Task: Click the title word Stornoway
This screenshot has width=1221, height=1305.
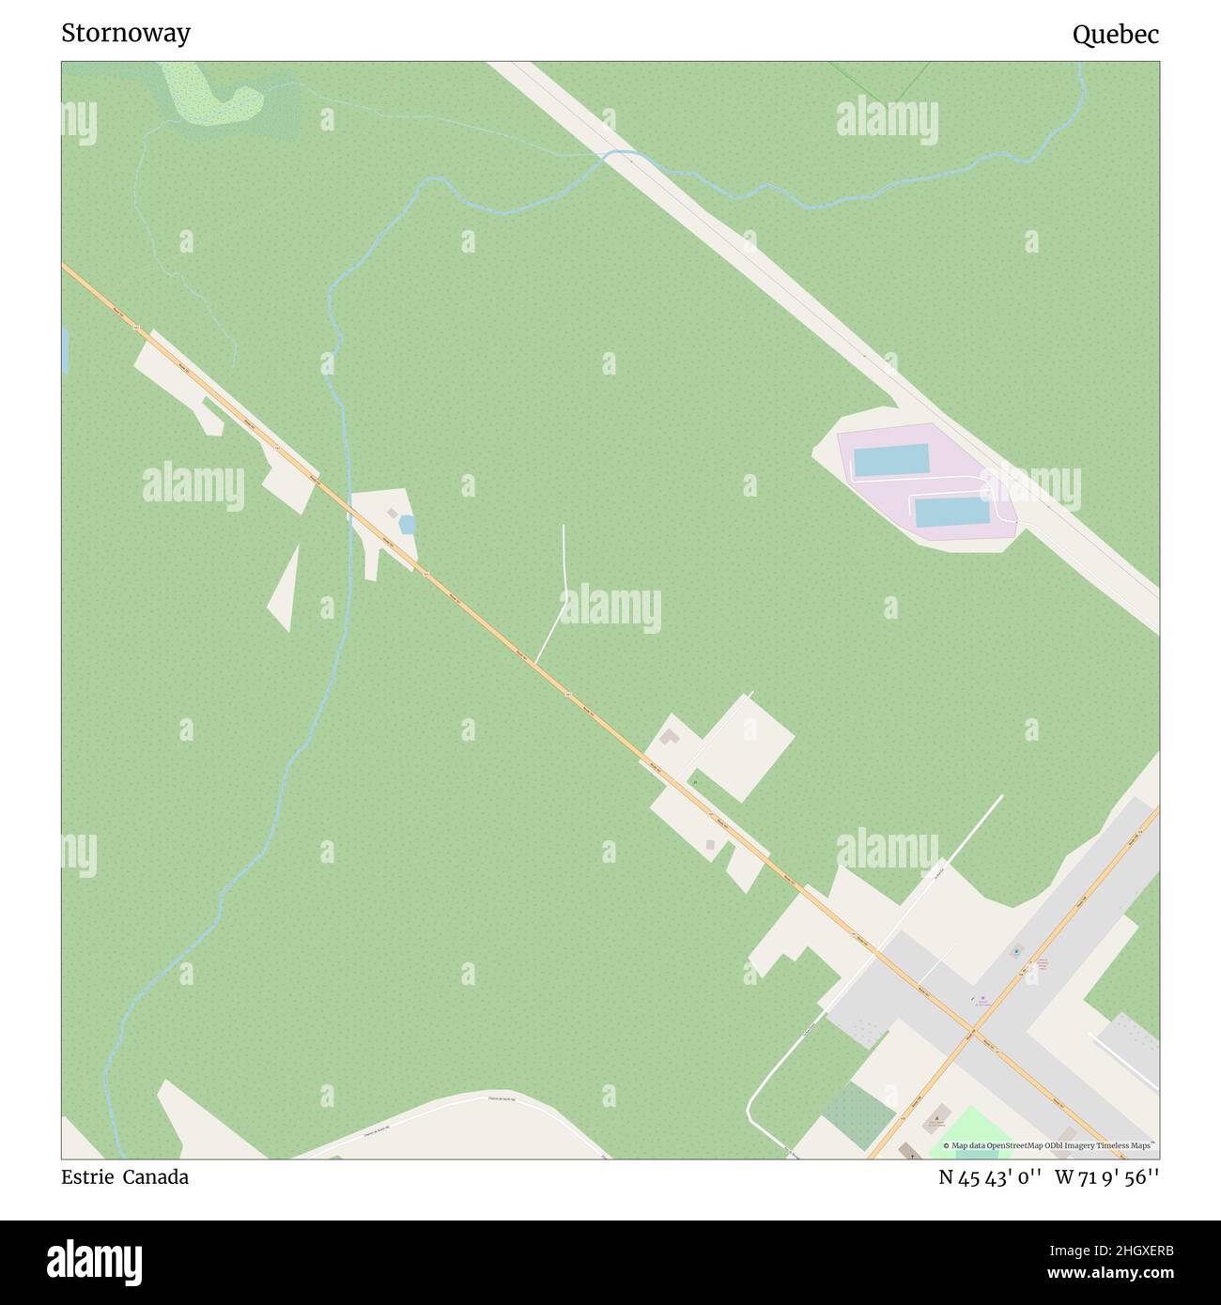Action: click(x=126, y=33)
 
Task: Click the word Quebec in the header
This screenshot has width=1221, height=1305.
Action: click(x=1115, y=35)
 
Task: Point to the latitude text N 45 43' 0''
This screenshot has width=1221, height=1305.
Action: click(x=990, y=1177)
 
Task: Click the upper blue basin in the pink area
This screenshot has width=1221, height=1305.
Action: click(x=889, y=460)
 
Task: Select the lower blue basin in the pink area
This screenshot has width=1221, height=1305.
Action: click(x=951, y=513)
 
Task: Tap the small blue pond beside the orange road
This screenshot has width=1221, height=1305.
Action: click(x=407, y=525)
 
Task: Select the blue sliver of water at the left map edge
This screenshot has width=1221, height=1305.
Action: click(x=65, y=351)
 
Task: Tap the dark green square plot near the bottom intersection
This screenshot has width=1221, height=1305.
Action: click(x=858, y=1114)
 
